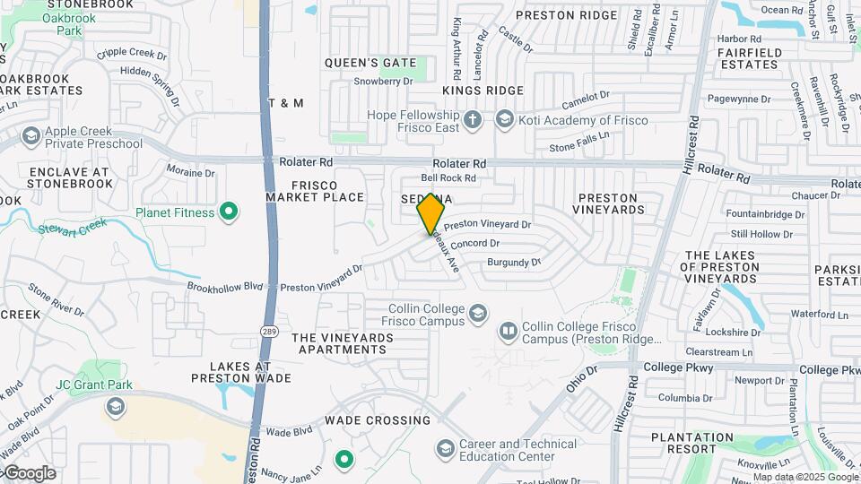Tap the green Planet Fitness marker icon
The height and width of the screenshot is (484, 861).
(x=230, y=212)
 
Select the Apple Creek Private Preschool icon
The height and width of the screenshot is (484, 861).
(x=31, y=137)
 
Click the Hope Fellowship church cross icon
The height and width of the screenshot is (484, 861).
(x=474, y=119)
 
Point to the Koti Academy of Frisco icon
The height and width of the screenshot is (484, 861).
(x=505, y=119)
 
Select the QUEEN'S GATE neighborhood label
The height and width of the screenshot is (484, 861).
(x=370, y=63)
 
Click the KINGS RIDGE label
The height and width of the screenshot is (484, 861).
(x=483, y=91)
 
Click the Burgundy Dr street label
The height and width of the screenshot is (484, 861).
(x=514, y=263)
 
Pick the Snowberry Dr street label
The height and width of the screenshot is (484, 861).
(x=383, y=81)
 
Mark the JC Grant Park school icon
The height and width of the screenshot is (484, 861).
(x=115, y=407)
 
